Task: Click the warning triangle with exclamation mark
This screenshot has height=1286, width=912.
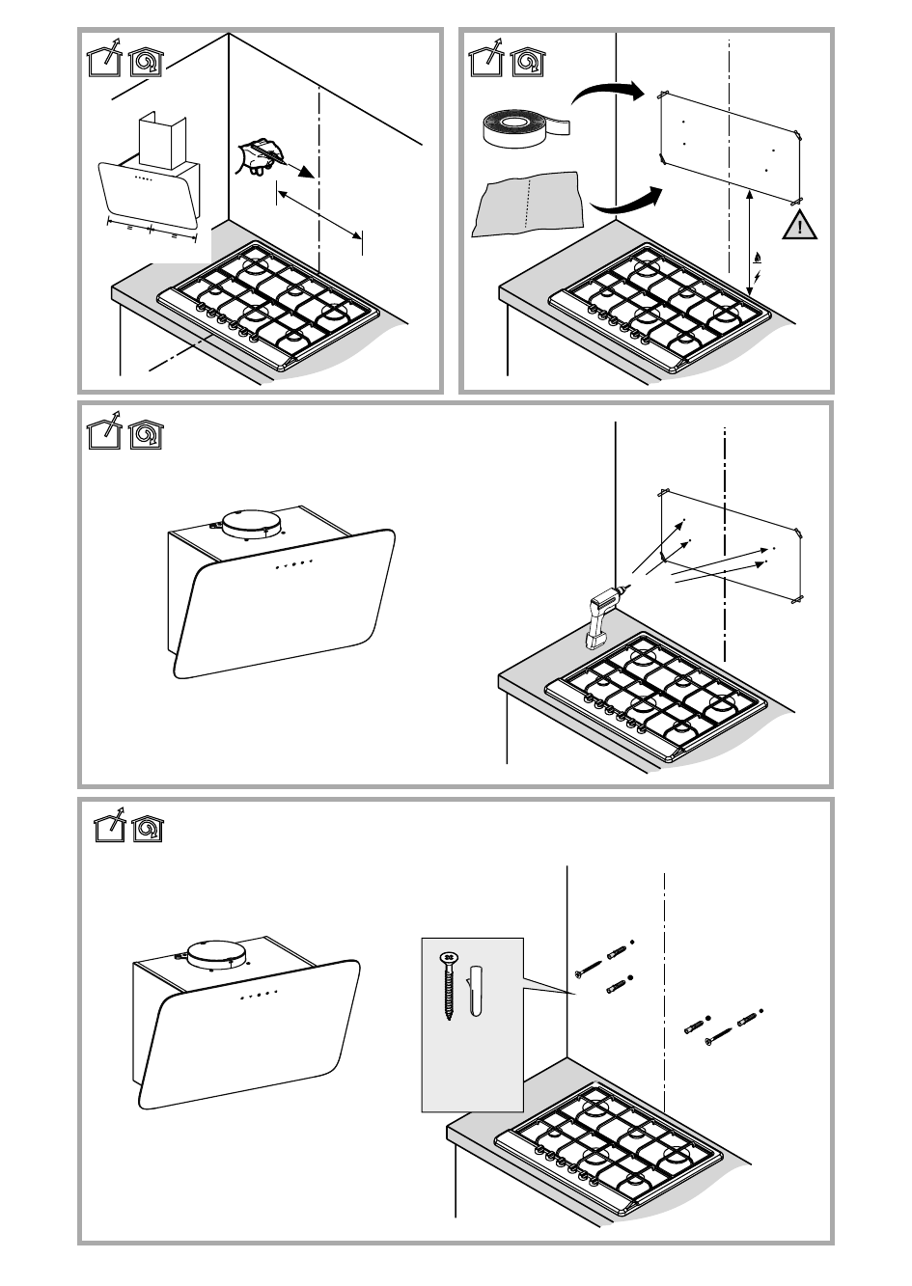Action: tap(800, 227)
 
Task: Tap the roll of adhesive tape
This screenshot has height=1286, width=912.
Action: tap(521, 127)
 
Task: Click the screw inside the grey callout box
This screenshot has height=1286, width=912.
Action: tap(449, 985)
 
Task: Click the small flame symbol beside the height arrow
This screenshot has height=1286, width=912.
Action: tap(758, 258)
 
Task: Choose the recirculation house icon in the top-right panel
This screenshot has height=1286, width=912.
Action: tap(527, 60)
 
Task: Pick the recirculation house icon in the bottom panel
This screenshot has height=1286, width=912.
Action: tap(148, 828)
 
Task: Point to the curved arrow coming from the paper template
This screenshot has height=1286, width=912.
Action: tap(628, 202)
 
